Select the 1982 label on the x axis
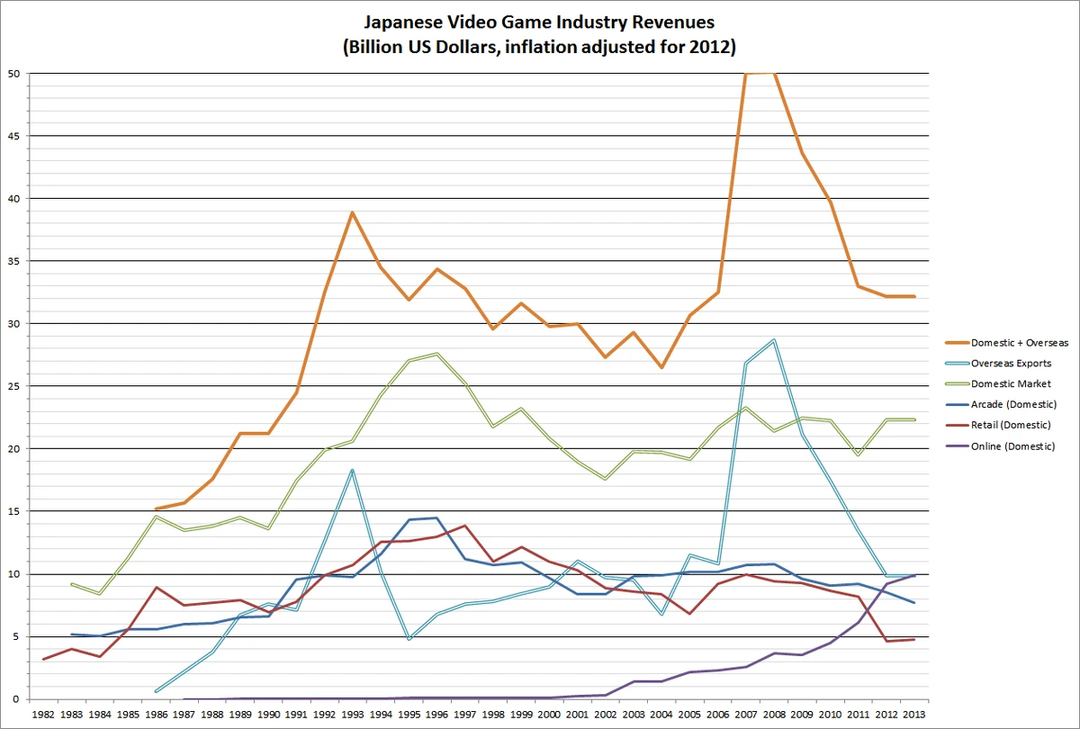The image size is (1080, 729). [42, 714]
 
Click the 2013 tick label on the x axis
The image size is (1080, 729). [915, 714]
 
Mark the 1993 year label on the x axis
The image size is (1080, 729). [352, 714]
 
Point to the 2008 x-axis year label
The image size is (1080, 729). [774, 714]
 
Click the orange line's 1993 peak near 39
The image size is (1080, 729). [352, 212]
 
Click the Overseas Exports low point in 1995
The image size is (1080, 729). [409, 639]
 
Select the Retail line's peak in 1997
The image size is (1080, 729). [464, 526]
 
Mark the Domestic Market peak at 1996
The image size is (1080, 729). [436, 354]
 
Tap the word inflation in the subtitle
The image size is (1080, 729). [548, 46]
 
